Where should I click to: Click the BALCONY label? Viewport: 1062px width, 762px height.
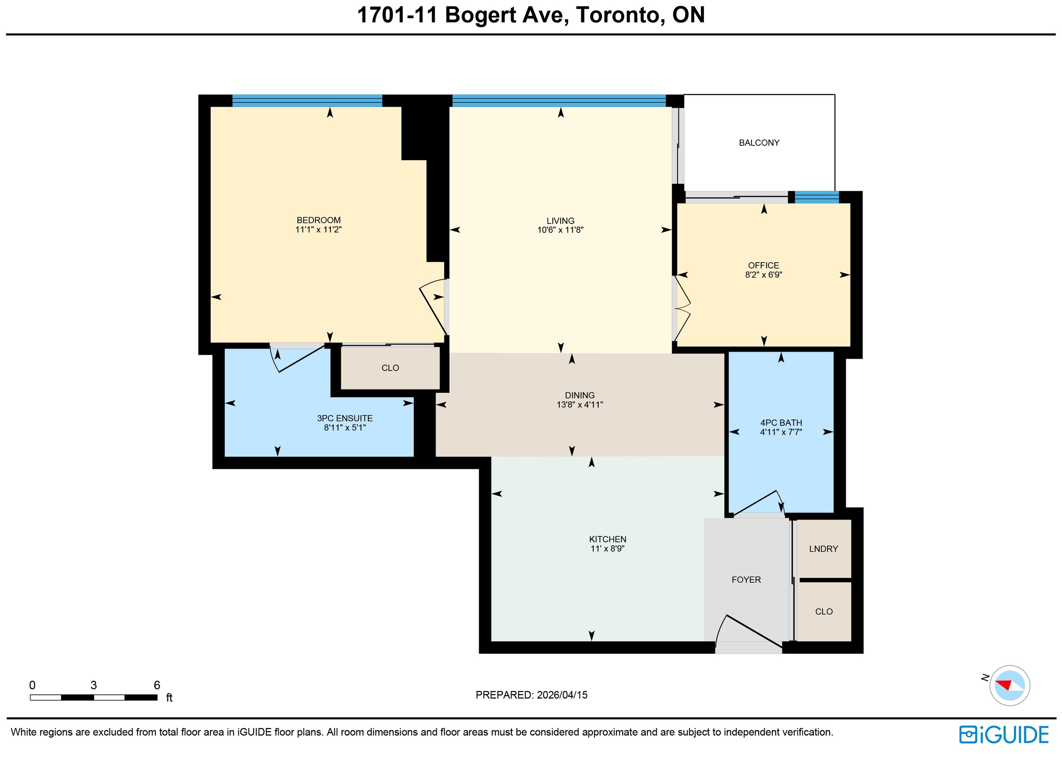tap(759, 143)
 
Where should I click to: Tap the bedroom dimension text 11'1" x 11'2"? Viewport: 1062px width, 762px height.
tap(319, 229)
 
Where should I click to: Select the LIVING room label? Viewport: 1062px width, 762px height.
tap(560, 221)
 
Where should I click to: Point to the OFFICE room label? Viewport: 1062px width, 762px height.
tap(764, 265)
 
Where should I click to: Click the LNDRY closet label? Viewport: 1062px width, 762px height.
tap(824, 549)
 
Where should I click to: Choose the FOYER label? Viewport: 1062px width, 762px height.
tap(746, 580)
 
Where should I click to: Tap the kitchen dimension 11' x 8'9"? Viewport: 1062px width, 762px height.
tap(608, 548)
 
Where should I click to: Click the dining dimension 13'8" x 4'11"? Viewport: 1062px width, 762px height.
tap(580, 405)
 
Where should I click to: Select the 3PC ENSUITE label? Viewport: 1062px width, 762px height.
tap(345, 418)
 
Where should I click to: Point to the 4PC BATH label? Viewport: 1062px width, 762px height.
tap(781, 422)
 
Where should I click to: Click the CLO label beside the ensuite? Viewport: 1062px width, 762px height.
tap(390, 368)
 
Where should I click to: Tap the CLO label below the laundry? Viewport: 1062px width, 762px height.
tap(824, 612)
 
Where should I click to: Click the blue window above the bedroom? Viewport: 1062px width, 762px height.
tap(307, 101)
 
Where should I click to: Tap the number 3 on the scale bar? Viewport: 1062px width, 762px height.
tap(93, 685)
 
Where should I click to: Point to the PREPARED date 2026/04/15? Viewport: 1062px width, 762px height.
tap(562, 695)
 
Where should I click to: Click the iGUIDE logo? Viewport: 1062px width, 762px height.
tap(1004, 735)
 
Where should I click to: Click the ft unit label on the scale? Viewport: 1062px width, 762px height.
tap(169, 698)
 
